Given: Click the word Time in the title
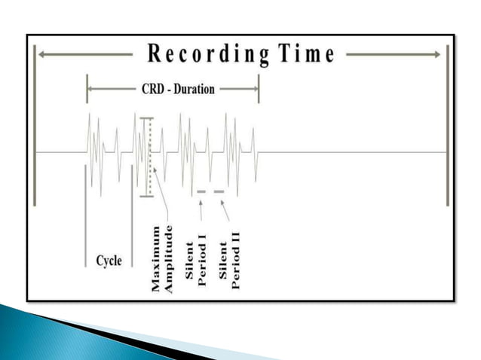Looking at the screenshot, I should pos(304,54).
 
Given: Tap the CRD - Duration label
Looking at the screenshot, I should pos(177,89).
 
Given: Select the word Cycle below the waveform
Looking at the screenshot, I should pos(109,261).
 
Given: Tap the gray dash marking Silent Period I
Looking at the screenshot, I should pos(201,192).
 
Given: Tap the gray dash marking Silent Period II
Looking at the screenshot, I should pos(219,192).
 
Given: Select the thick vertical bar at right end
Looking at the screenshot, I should pos(448,124).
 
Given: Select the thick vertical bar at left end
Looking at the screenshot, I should pos(34,124).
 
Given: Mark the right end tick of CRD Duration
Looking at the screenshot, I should pos(259,89).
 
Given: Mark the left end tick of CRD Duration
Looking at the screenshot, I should pos(87,89).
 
